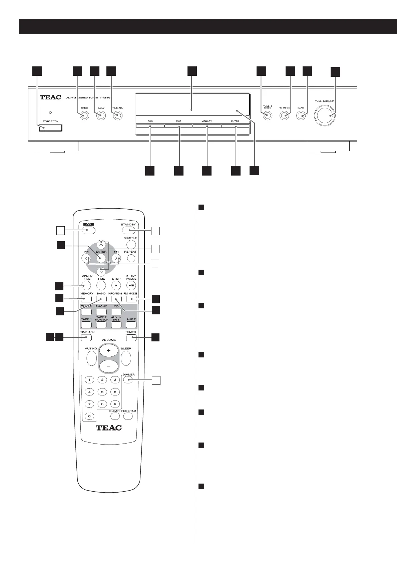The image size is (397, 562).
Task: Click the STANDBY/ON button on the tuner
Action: [50, 127]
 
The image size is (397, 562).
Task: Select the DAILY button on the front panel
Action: [101, 116]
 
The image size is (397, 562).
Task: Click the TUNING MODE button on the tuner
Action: [268, 116]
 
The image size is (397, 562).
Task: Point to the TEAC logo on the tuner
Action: [50, 97]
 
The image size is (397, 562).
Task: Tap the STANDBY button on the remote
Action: [129, 230]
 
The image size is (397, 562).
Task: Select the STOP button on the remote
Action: [116, 285]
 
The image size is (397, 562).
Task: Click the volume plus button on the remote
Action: [108, 351]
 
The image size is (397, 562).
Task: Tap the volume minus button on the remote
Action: [108, 366]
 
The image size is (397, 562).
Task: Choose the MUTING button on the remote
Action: [91, 359]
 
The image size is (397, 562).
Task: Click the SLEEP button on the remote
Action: [126, 359]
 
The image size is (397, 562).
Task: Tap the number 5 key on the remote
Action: [102, 392]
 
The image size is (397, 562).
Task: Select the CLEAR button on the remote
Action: [114, 416]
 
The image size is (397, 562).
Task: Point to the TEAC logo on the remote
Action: [109, 428]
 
